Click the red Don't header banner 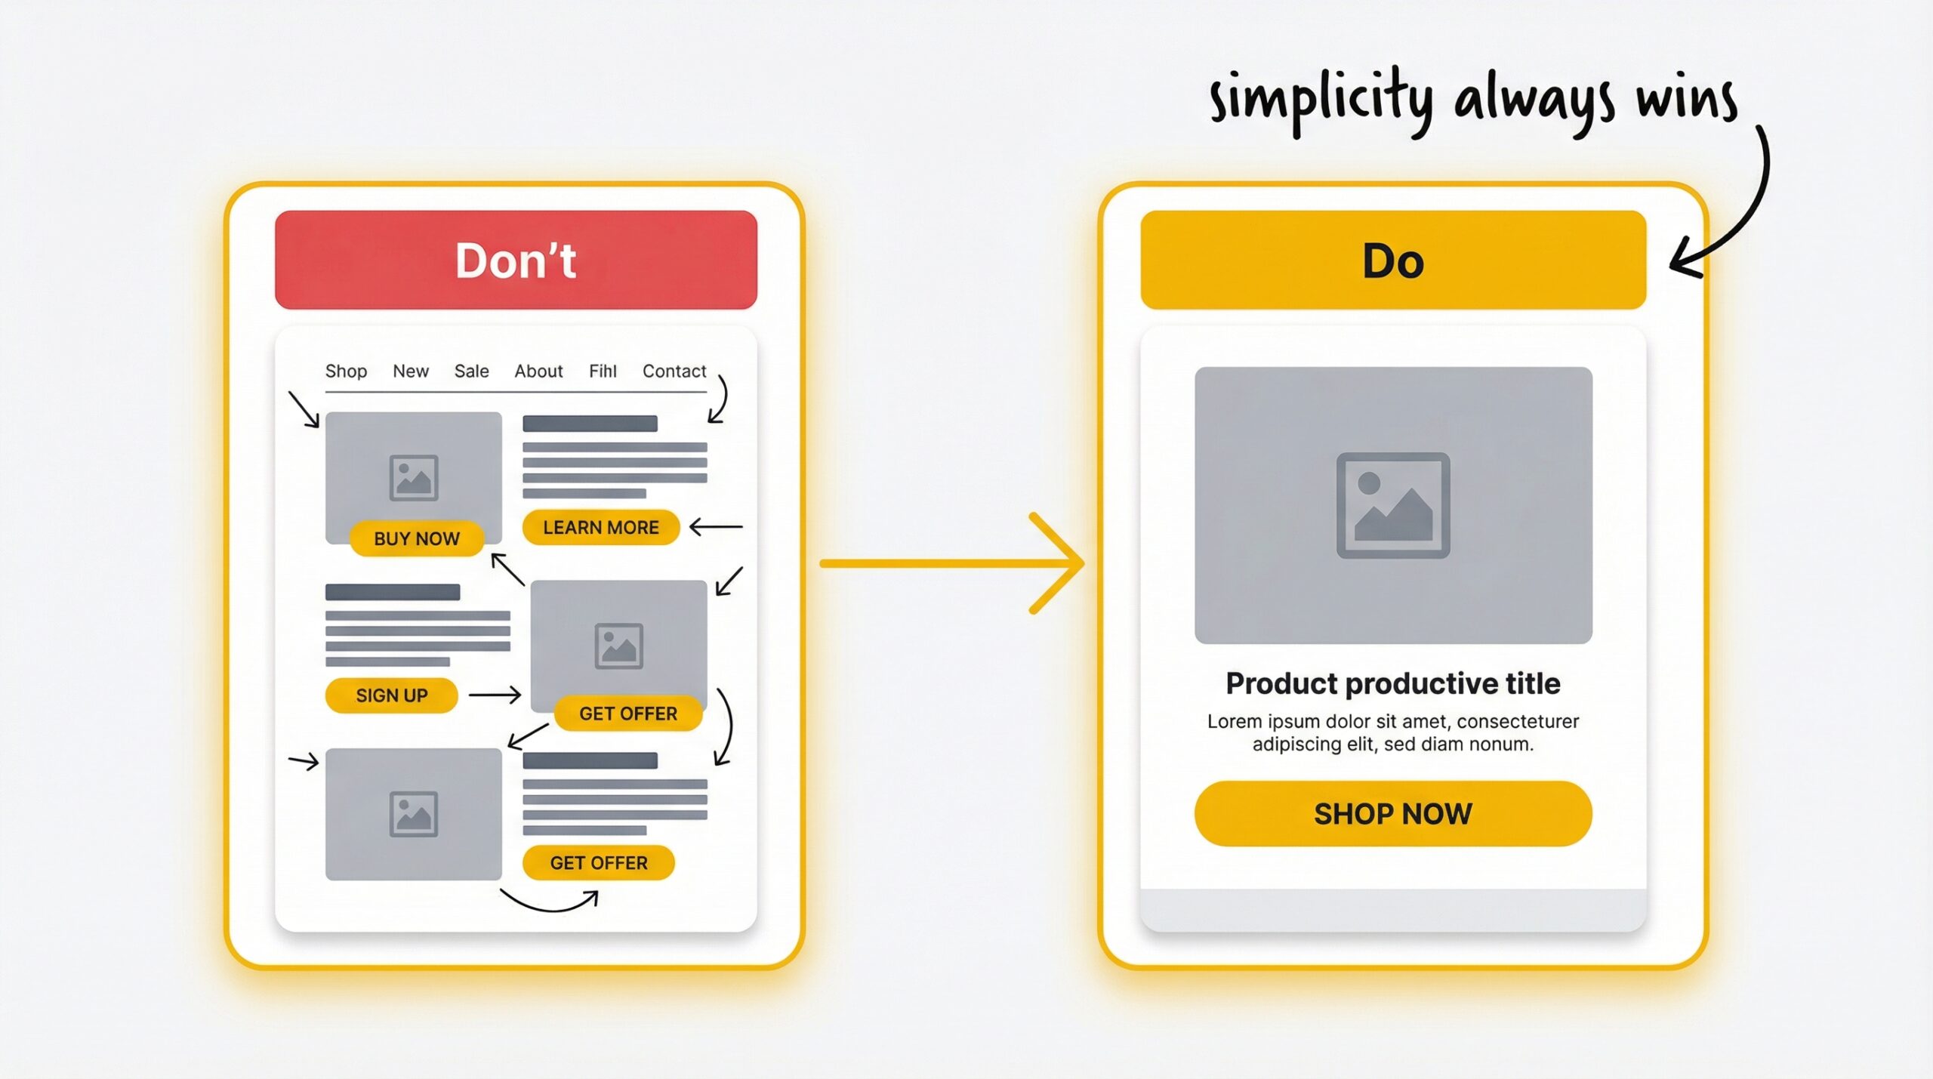coord(516,260)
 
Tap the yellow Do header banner coord(1392,260)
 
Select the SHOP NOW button coord(1392,813)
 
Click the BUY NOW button coord(416,538)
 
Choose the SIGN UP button coord(391,695)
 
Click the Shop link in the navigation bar coord(346,371)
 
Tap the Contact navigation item coord(674,371)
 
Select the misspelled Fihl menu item coord(603,371)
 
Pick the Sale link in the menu coord(471,371)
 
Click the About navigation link coord(538,371)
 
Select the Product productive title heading coord(1392,683)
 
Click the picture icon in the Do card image coord(1392,505)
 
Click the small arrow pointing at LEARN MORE coord(715,527)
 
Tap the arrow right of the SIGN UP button coord(495,695)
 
